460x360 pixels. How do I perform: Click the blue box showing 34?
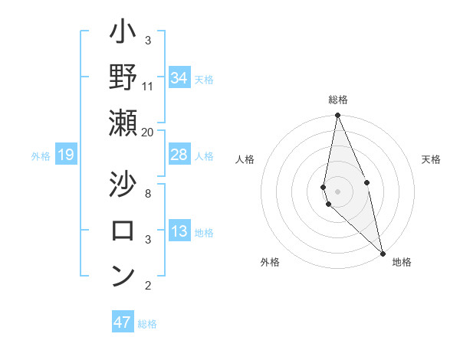pos(179,78)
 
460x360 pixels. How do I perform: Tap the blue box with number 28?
pos(179,155)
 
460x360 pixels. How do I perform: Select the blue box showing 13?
pos(179,231)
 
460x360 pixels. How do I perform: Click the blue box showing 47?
pos(123,322)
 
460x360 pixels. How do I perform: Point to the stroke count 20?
pos(147,132)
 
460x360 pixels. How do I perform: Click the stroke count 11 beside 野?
pos(147,87)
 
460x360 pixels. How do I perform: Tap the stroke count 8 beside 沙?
pos(147,194)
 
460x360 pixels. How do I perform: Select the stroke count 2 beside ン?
pos(147,286)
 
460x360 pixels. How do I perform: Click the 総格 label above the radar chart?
pos(338,100)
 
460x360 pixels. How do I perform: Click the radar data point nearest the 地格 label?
pos(383,252)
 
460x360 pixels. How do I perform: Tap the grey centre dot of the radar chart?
pos(338,191)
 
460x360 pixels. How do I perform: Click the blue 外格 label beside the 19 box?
pos(41,156)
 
